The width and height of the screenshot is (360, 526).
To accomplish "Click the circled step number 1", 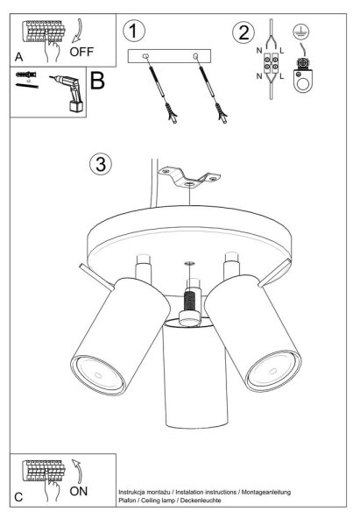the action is pyautogui.click(x=134, y=31).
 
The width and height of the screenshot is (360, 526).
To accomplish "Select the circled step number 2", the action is pyautogui.click(x=244, y=32).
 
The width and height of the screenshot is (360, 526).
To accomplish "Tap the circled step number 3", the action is pyautogui.click(x=101, y=164).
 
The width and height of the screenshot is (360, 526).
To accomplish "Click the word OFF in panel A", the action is pyautogui.click(x=81, y=52).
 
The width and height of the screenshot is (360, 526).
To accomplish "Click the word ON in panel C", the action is pyautogui.click(x=79, y=491).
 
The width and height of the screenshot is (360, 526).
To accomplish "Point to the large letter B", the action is pyautogui.click(x=97, y=81).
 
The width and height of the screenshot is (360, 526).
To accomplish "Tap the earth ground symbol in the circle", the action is pyautogui.click(x=301, y=32).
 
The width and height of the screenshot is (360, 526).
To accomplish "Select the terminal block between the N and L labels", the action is pyautogui.click(x=271, y=63).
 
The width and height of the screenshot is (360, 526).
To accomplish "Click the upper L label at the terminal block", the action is pyautogui.click(x=281, y=51).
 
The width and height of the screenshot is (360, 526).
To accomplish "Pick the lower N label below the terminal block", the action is pyautogui.click(x=259, y=76).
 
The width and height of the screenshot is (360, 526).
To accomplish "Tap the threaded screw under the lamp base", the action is pyautogui.click(x=190, y=301).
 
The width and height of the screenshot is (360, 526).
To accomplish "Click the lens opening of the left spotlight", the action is pyautogui.click(x=98, y=374).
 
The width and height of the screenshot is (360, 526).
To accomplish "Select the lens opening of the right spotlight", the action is pyautogui.click(x=274, y=370).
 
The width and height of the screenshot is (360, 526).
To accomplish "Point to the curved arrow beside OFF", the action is pyautogui.click(x=77, y=31).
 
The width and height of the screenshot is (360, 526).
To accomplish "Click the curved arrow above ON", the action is pyautogui.click(x=77, y=471).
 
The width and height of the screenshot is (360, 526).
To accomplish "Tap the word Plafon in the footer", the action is pyautogui.click(x=127, y=501).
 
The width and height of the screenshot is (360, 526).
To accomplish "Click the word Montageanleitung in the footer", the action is pyautogui.click(x=266, y=493).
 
